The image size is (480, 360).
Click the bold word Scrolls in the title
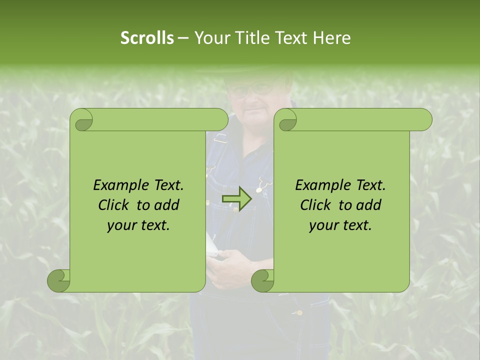click(x=147, y=38)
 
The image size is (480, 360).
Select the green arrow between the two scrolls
click(x=236, y=199)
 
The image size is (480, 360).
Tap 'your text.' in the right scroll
click(x=340, y=225)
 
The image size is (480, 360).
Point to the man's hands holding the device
click(x=227, y=265)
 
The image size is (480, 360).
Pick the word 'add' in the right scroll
click(x=369, y=205)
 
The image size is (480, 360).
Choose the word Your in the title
click(x=210, y=38)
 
